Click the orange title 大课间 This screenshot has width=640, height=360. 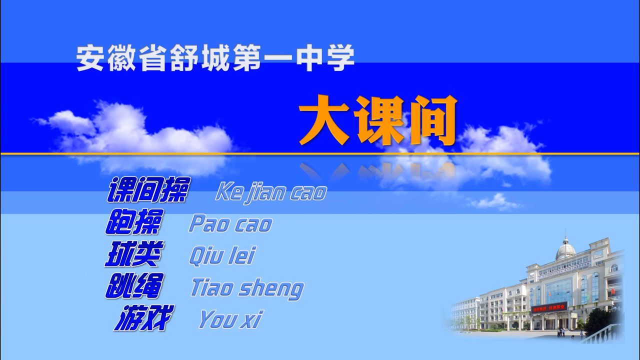click(x=377, y=120)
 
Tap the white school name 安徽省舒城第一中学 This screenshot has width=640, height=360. click(x=215, y=58)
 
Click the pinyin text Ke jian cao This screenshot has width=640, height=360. click(x=271, y=193)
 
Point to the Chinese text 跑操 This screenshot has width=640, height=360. click(x=134, y=221)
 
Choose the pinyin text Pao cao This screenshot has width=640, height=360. click(x=230, y=224)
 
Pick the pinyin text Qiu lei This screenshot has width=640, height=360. click(x=221, y=255)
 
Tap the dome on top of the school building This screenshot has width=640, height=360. click(x=565, y=248)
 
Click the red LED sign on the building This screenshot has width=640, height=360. click(x=549, y=308)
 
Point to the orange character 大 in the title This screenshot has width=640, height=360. click(x=324, y=120)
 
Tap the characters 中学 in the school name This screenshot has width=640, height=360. click(x=325, y=58)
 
